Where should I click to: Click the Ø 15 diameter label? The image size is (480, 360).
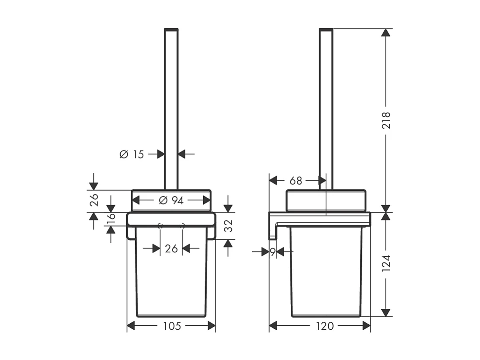coord(132,154)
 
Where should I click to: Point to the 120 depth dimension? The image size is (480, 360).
coord(324,326)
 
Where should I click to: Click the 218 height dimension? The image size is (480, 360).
coord(386,120)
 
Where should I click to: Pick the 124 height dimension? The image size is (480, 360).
coord(386,264)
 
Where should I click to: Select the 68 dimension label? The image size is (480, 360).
coord(296,180)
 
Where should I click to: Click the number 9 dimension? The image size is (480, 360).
coord(272,252)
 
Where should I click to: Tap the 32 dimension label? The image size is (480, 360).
coord(228,226)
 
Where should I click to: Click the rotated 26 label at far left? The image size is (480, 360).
coord(93,200)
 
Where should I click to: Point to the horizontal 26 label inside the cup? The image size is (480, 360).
coord(171,248)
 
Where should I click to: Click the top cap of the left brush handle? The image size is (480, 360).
coord(171,30)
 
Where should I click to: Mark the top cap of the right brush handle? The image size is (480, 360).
coord(326,30)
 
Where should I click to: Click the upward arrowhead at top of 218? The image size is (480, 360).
coord(386,33)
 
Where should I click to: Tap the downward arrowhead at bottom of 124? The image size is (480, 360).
coord(386,312)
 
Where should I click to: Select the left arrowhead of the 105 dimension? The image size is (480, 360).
coord(131,326)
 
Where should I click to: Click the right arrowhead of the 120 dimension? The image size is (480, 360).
coord(366,326)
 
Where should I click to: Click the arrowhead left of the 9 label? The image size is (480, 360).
coord(265,252)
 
